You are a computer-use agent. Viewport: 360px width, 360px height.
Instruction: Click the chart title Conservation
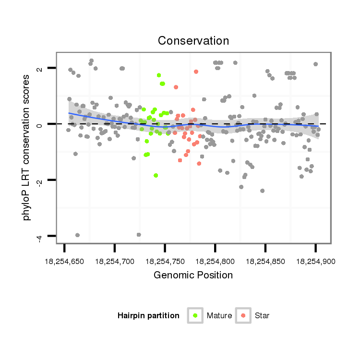(x=193, y=41)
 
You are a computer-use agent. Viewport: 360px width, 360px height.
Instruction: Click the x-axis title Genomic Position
(x=193, y=275)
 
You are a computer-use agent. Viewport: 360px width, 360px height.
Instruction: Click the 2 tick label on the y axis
(x=39, y=68)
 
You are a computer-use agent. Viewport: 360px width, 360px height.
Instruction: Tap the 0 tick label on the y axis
(x=39, y=124)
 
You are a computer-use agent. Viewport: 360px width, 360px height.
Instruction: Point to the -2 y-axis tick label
(x=39, y=180)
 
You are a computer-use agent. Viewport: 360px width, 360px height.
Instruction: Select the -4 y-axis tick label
(x=39, y=236)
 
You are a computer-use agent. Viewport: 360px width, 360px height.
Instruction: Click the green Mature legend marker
(x=195, y=315)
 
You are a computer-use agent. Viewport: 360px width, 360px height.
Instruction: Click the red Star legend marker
(x=243, y=315)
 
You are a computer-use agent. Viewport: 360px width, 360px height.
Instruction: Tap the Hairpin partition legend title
(x=148, y=316)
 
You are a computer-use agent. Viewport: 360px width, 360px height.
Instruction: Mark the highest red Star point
(x=196, y=72)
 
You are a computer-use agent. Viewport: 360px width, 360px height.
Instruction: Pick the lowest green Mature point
(x=156, y=175)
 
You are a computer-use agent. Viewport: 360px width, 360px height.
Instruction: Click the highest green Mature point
(x=159, y=75)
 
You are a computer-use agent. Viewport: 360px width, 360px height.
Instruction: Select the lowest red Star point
(x=199, y=164)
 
